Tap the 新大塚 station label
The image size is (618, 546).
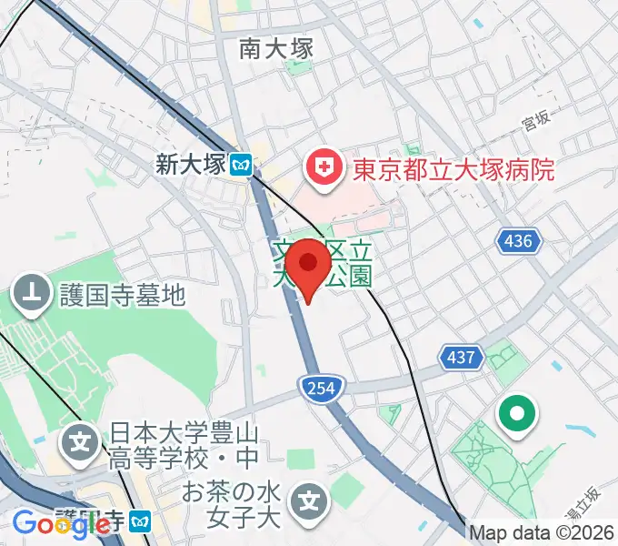(189, 165)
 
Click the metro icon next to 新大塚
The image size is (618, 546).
(241, 165)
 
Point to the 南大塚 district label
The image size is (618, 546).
(276, 48)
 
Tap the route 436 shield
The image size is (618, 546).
(519, 241)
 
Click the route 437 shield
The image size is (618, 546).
(461, 357)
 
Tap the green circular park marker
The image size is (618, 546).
(517, 416)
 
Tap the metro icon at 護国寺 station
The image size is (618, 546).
(140, 521)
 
